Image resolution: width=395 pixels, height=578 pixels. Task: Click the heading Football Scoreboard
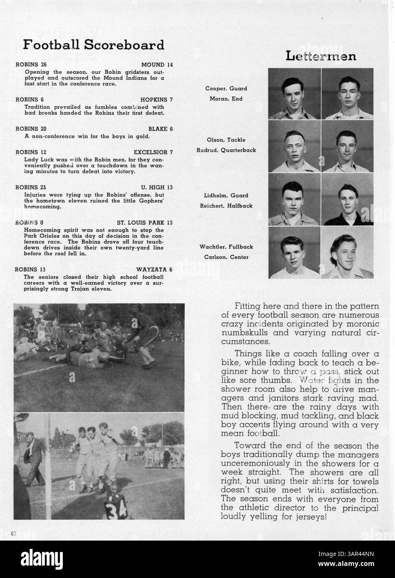tap(94, 45)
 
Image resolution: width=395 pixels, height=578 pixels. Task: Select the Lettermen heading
tap(321, 56)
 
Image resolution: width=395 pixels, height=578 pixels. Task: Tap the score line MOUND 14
tap(157, 65)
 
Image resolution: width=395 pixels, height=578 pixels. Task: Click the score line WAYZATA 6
tap(154, 269)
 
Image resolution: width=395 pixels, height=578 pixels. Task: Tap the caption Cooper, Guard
tap(226, 89)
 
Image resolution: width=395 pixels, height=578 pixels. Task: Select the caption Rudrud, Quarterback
tap(226, 150)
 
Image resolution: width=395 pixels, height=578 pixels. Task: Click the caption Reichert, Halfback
tap(226, 206)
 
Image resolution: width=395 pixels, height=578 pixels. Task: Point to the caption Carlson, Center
tap(226, 257)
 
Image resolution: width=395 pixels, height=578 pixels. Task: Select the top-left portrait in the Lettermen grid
tap(294, 94)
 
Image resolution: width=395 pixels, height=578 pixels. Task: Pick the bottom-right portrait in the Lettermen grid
tap(347, 253)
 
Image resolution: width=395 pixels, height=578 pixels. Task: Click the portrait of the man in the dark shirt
tap(347, 200)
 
